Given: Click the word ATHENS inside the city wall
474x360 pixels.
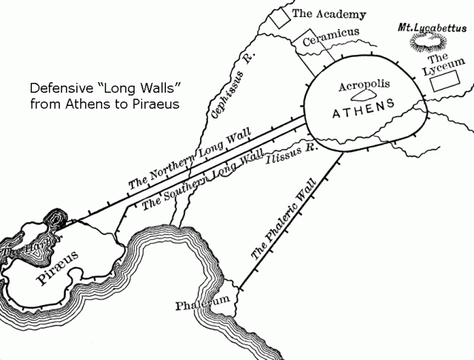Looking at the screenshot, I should click(x=364, y=115).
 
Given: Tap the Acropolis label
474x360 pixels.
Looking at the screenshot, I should click(x=364, y=85).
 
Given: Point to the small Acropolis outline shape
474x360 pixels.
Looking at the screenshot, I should click(x=362, y=96).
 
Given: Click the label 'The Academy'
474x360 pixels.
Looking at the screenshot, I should click(x=319, y=13).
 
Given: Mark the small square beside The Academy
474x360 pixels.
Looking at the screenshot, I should click(x=278, y=19).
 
